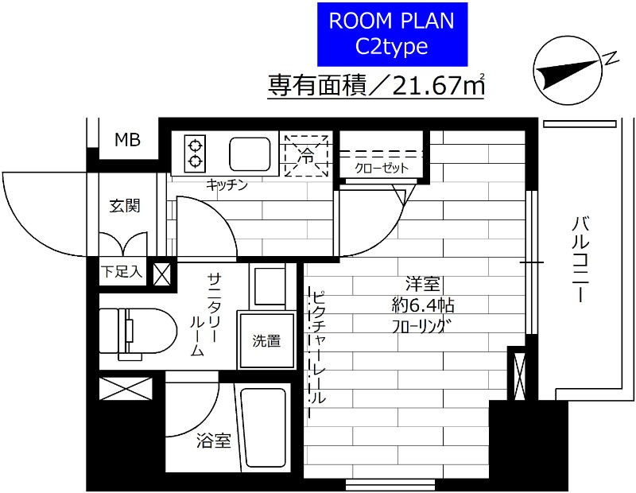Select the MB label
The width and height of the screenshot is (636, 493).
click(126, 141)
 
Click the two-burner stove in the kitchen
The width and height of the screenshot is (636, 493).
click(195, 153)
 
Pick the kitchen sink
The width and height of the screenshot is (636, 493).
click(250, 153)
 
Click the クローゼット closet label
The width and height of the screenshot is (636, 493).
click(382, 168)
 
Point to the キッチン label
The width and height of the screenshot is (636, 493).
click(227, 185)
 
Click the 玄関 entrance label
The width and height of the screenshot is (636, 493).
click(125, 206)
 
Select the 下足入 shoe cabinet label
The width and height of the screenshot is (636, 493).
click(122, 272)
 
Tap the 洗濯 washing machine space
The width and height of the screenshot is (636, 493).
click(266, 342)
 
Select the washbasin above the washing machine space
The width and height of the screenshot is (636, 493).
click(267, 286)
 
